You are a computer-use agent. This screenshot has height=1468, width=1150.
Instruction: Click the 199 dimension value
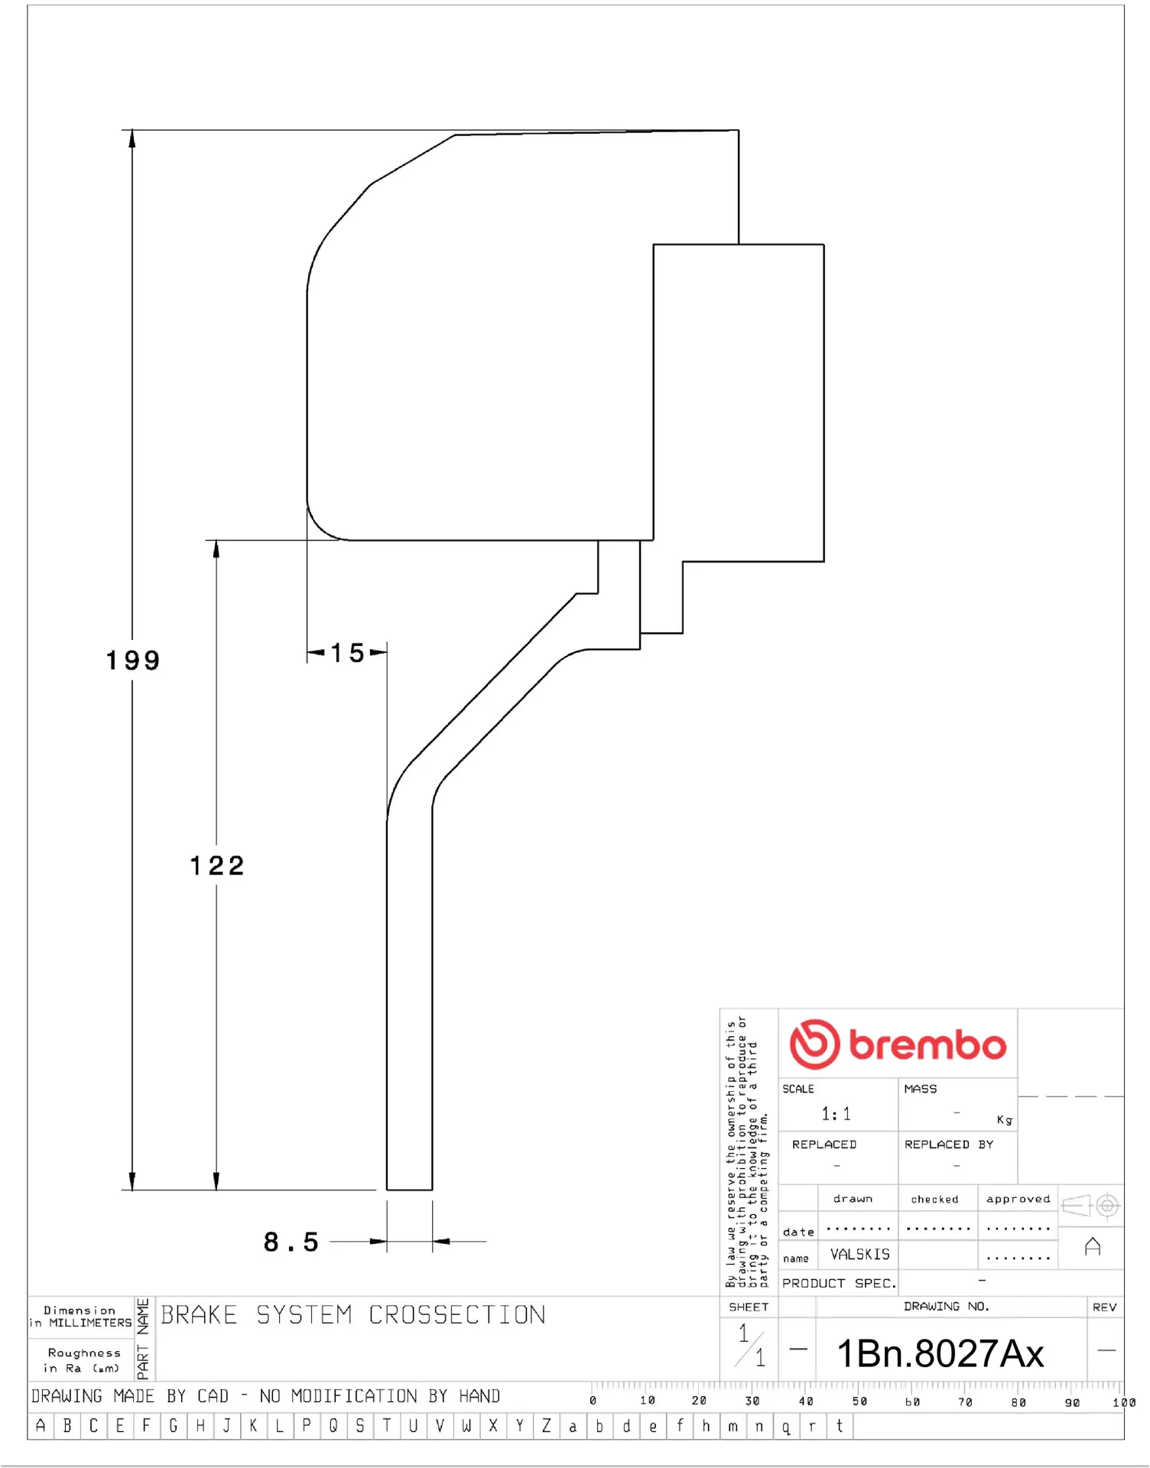click(x=133, y=661)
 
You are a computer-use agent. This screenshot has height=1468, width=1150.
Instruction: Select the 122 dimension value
click(x=217, y=866)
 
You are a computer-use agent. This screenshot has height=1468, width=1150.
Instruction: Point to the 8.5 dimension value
click(x=291, y=1242)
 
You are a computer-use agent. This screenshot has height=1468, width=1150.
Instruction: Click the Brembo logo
click(x=898, y=1044)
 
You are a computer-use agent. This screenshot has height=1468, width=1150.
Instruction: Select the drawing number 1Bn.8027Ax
click(x=940, y=1354)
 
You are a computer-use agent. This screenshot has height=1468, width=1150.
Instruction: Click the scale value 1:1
click(x=836, y=1114)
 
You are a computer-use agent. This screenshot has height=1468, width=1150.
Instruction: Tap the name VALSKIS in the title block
click(x=860, y=1255)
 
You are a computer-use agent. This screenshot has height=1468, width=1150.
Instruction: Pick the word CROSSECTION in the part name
click(x=457, y=1315)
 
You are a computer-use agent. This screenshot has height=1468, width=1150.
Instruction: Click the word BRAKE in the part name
click(x=199, y=1315)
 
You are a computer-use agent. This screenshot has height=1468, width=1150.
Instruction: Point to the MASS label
click(x=920, y=1089)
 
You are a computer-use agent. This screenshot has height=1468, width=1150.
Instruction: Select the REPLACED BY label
click(x=948, y=1145)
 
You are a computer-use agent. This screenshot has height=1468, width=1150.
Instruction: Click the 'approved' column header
click(x=1018, y=1199)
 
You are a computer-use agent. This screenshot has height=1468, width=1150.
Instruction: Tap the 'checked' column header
click(x=934, y=1200)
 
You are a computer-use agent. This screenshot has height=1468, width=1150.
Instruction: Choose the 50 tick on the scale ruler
click(x=859, y=1401)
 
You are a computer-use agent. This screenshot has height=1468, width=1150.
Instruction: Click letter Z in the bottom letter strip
click(x=546, y=1426)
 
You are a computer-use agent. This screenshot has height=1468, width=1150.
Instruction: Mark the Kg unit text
click(x=1005, y=1120)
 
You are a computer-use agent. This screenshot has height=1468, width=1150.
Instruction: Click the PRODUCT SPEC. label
click(x=839, y=1283)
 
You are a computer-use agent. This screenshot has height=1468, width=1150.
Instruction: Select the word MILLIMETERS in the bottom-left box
click(x=90, y=1323)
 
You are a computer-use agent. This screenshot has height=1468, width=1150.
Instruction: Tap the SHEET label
click(x=749, y=1307)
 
